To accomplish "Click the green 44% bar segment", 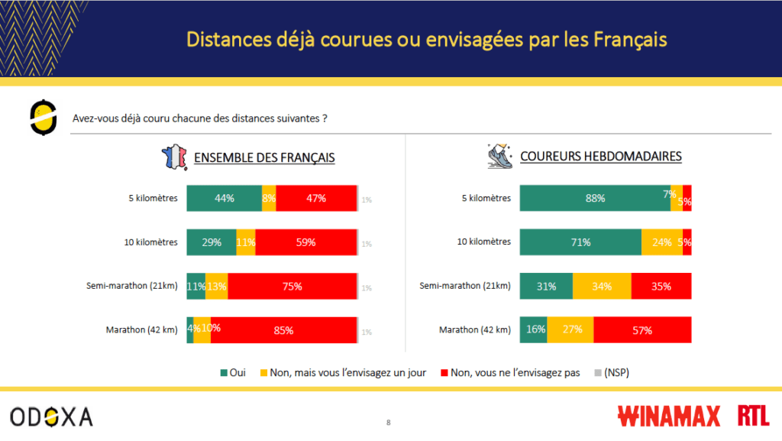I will [x=224, y=198].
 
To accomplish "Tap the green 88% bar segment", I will [x=595, y=198].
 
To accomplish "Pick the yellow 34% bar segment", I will [x=603, y=287].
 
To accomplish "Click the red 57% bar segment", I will [x=642, y=331].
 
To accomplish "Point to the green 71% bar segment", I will [x=580, y=242].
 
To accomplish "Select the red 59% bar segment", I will [x=305, y=242].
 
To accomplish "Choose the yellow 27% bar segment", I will [x=570, y=331].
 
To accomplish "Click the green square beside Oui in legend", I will [x=224, y=373].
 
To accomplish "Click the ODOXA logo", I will [x=51, y=417].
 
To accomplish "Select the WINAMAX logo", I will [x=669, y=417].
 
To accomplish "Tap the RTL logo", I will [x=754, y=417].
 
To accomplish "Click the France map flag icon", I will [x=173, y=157].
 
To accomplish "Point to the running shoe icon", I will [x=500, y=156].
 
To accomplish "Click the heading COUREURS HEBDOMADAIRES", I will [x=601, y=157].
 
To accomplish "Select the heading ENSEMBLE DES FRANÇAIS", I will [x=264, y=157].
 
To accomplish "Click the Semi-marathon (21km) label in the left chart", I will [x=132, y=286].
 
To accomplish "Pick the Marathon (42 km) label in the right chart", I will [x=475, y=330].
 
